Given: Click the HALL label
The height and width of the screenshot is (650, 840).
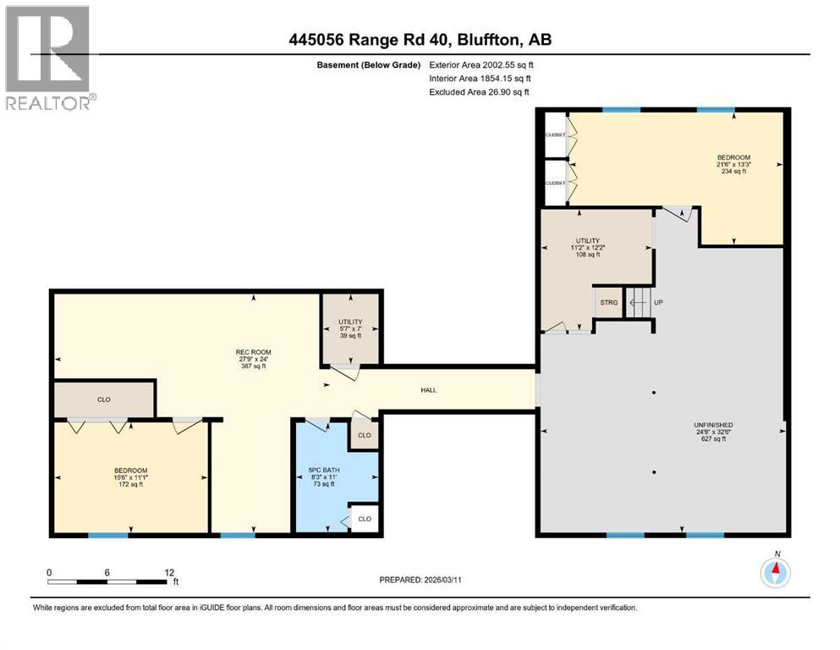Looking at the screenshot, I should (429, 390).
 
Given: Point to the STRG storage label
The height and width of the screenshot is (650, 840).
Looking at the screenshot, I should (607, 302).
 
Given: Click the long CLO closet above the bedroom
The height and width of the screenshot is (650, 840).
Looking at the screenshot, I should (103, 399).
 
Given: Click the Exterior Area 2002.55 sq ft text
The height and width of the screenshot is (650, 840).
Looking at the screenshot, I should (481, 64).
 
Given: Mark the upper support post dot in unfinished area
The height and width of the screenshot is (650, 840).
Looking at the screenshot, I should (653, 393).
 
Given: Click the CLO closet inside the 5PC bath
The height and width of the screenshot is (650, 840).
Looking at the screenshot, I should (364, 519).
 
